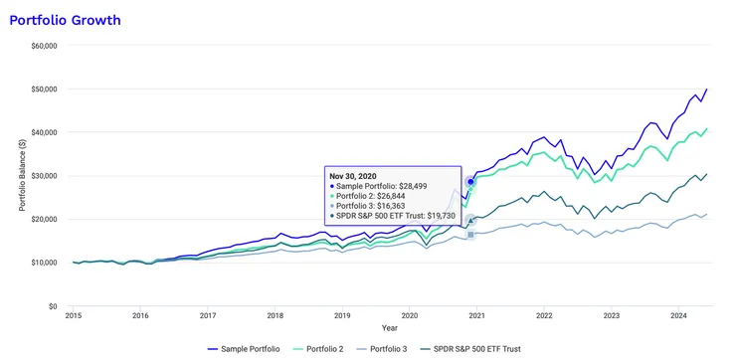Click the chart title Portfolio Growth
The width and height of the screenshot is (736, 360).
click(x=66, y=19)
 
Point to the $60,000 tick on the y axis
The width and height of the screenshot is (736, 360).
click(x=43, y=45)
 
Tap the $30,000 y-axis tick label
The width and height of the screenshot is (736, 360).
click(x=43, y=176)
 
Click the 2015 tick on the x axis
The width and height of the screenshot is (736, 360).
click(x=74, y=315)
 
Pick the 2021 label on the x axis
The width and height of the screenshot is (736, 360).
click(x=477, y=315)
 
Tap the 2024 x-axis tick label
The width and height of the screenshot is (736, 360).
click(x=679, y=315)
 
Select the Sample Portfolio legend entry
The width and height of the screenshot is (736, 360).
click(x=249, y=349)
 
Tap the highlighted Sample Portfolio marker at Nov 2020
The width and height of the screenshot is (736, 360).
click(x=470, y=182)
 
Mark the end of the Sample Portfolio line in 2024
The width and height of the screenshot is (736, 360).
click(x=706, y=90)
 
